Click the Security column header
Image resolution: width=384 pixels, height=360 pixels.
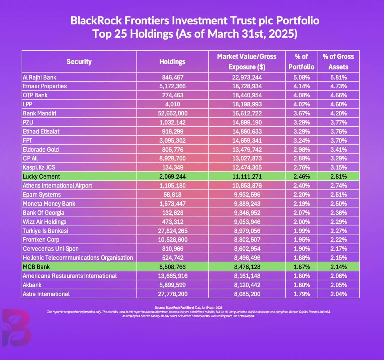[x=79, y=62]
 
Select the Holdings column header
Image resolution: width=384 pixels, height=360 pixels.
[x=172, y=62]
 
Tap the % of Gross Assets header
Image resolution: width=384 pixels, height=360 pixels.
[x=338, y=61]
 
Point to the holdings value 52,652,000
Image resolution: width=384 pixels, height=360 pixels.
[x=172, y=113]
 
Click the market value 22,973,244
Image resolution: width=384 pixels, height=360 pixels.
[x=246, y=77]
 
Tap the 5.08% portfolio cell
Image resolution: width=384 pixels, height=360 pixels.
[x=301, y=77]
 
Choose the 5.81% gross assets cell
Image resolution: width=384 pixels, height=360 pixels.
[x=338, y=77]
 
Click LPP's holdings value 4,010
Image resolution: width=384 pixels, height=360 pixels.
[x=172, y=104]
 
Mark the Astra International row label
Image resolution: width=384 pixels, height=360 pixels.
[x=46, y=294]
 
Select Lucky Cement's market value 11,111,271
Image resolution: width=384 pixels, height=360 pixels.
[x=246, y=177]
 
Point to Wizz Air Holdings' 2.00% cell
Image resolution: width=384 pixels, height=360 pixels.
[x=301, y=222]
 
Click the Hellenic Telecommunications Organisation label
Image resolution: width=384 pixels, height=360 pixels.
[x=78, y=258]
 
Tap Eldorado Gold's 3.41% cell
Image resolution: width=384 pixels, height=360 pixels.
[x=338, y=149]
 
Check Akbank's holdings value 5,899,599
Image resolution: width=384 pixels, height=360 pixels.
[x=172, y=285]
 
